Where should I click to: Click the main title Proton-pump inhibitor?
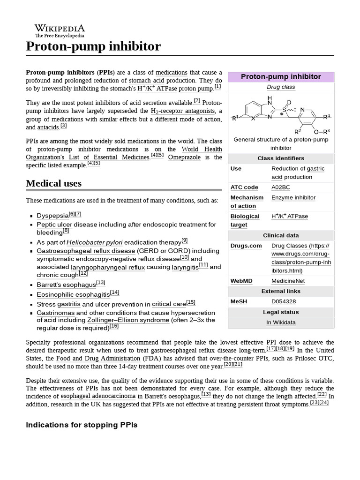pyautogui.click(x=93, y=46)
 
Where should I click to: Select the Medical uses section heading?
pyautogui.click(x=53, y=183)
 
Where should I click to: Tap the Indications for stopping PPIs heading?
pyautogui.click(x=82, y=425)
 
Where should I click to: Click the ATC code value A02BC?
pyautogui.click(x=280, y=187)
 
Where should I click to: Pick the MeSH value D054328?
pyautogui.click(x=284, y=301)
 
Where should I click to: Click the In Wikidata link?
pyautogui.click(x=281, y=322)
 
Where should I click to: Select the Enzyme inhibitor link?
pyautogui.click(x=293, y=197)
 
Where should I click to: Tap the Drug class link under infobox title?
pyautogui.click(x=281, y=87)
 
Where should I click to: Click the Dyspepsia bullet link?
pyautogui.click(x=52, y=216)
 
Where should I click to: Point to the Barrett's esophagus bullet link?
pyautogui.click(x=66, y=285)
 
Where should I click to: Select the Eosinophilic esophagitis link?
pyautogui.click(x=73, y=294)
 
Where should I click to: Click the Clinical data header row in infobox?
pyautogui.click(x=281, y=235)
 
